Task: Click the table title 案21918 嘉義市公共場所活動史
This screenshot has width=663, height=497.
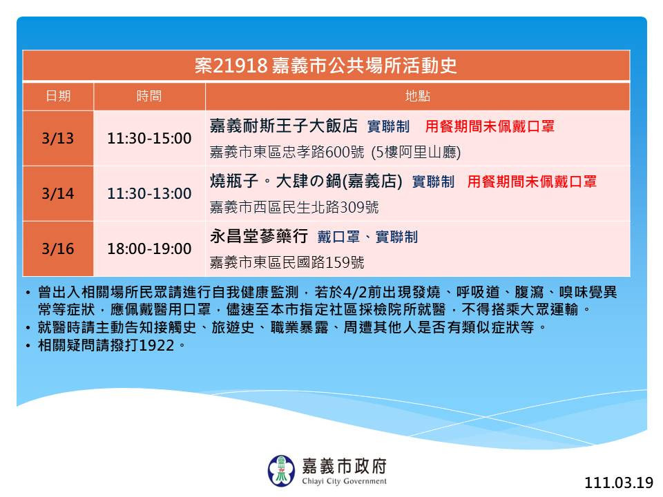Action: (x=325, y=66)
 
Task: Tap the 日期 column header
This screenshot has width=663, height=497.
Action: (x=58, y=97)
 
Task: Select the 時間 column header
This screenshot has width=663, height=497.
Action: (x=149, y=97)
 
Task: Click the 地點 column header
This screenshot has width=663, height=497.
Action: (x=418, y=97)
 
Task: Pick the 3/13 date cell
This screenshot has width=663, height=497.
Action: (x=58, y=138)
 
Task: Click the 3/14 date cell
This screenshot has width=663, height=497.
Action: (x=58, y=193)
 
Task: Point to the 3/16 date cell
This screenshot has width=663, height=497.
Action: (x=58, y=248)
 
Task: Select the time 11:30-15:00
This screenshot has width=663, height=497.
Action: (x=149, y=138)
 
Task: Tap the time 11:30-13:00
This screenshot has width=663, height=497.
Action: (x=149, y=193)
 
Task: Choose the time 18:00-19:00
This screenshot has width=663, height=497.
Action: (x=149, y=248)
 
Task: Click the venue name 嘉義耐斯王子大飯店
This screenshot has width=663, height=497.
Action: (x=284, y=126)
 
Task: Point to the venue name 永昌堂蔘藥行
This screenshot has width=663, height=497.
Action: (x=259, y=236)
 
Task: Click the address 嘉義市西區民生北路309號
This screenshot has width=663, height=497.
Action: (x=294, y=207)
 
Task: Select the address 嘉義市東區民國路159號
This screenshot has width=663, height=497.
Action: (x=287, y=262)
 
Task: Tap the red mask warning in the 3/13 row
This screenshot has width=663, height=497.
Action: (x=490, y=126)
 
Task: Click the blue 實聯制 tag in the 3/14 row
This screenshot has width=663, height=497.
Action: (x=433, y=182)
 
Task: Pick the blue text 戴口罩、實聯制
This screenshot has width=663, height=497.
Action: (x=367, y=237)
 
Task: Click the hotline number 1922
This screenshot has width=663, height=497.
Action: (x=157, y=346)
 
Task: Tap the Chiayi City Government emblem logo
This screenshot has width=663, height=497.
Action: (x=281, y=471)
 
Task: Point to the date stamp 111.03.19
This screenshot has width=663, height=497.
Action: (x=619, y=483)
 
